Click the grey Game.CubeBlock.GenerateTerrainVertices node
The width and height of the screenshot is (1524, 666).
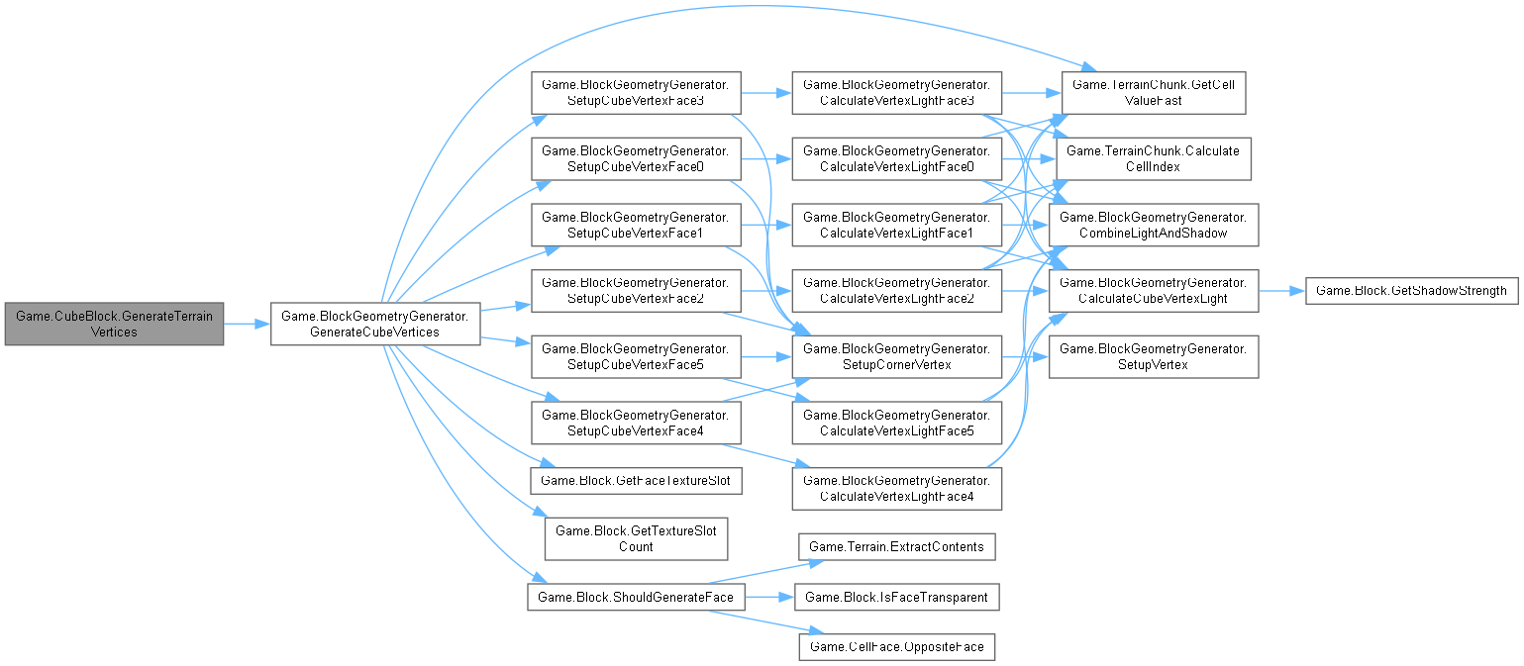click(x=114, y=324)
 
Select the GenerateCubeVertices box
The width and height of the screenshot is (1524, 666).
click(x=375, y=324)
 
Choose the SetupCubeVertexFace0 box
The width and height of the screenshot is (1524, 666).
click(x=635, y=158)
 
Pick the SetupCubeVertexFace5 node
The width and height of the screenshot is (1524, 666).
click(x=635, y=356)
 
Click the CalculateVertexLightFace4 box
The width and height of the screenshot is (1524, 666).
click(x=896, y=488)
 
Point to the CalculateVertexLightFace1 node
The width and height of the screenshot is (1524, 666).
click(x=896, y=225)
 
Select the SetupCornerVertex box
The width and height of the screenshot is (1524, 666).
click(x=896, y=356)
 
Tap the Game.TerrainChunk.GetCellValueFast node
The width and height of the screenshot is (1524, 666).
click(x=1154, y=93)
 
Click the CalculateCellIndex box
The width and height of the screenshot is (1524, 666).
click(x=1154, y=158)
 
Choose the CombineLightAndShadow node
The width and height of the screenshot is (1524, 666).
click(x=1154, y=225)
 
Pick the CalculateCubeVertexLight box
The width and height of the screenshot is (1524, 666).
click(x=1154, y=291)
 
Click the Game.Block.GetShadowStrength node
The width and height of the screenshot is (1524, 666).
click(x=1411, y=291)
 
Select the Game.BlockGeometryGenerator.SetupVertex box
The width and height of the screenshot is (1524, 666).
click(x=1154, y=356)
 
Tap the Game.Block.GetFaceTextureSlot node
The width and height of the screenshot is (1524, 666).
click(x=635, y=481)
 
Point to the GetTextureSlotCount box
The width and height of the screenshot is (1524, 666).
click(x=635, y=538)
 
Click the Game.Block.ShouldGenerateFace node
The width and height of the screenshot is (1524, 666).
click(x=635, y=597)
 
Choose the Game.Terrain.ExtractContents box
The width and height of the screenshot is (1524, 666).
click(x=896, y=546)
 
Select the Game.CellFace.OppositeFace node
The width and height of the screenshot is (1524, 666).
click(x=896, y=646)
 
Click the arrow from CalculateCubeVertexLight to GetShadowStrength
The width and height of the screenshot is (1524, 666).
click(x=1282, y=291)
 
